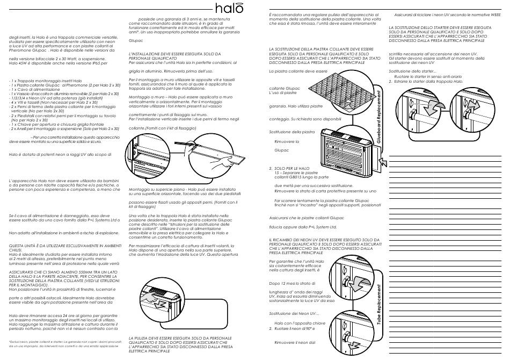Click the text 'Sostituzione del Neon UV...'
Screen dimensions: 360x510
(x=294, y=313)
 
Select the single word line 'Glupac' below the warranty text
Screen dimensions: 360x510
(x=136, y=40)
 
